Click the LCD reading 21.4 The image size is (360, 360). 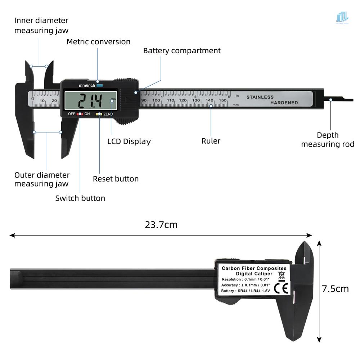90,101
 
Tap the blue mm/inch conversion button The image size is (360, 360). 100,86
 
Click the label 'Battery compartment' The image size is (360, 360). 182,50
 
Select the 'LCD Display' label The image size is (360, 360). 129,141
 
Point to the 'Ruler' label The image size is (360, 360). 211,141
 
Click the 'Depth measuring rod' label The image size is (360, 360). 328,140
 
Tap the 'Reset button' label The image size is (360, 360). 116,179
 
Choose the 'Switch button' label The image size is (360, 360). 80,198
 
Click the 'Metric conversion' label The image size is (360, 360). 99,42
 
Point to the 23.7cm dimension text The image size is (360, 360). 161,225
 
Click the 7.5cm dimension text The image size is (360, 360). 335,289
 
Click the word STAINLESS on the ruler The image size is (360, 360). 260,97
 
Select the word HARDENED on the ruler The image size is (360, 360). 284,103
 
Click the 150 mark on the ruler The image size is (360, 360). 222,100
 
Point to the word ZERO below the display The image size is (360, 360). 108,114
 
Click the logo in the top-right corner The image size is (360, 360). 342,17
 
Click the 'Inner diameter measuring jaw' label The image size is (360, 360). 41,25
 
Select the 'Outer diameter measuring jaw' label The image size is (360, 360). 42,179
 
